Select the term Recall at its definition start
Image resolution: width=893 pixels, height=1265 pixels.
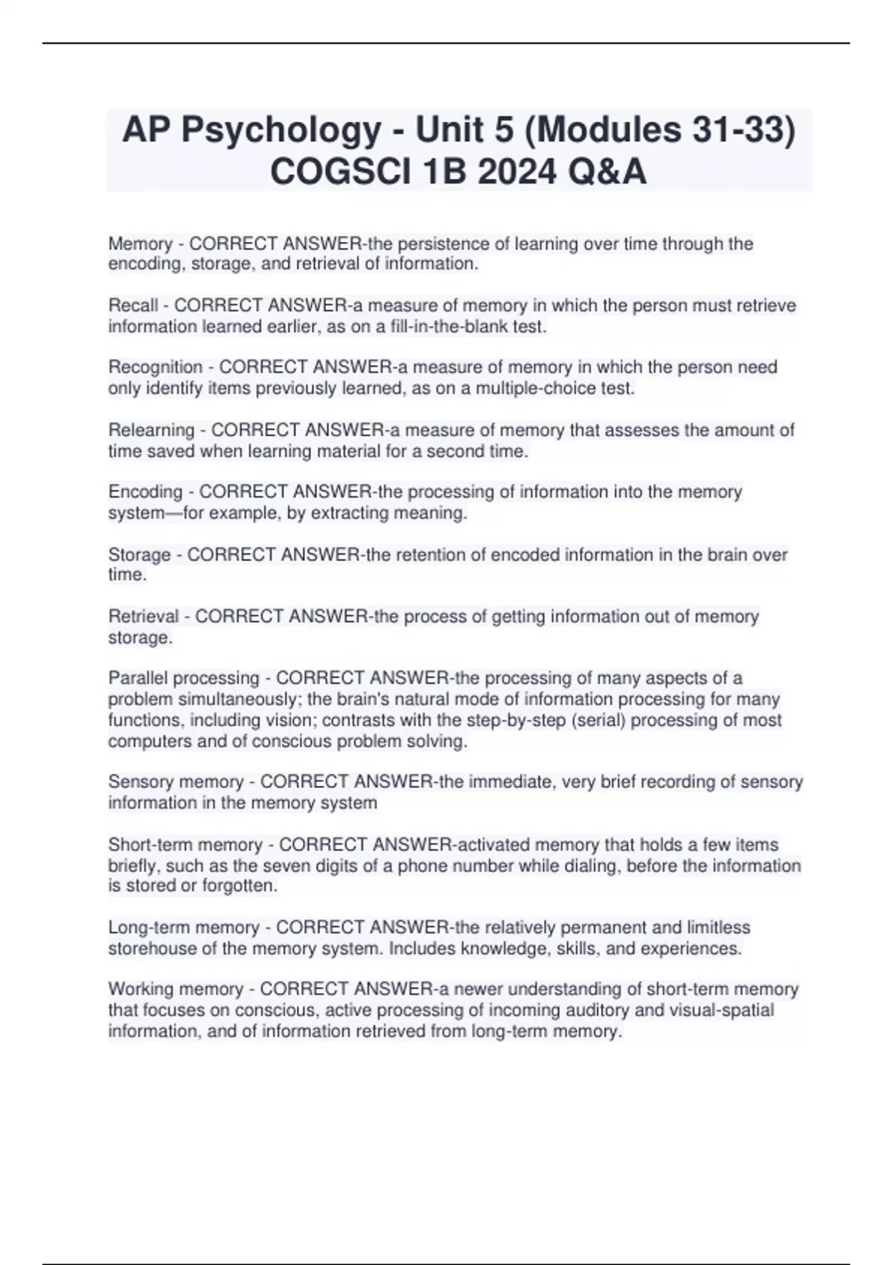[x=133, y=306]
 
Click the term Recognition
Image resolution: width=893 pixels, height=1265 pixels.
[x=156, y=368]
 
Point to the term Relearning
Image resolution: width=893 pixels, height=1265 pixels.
[x=151, y=430]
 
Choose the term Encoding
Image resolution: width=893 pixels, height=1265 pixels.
[x=145, y=492]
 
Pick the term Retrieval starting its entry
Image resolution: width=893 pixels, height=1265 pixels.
[x=144, y=616]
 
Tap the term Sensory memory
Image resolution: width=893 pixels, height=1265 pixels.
[x=176, y=782]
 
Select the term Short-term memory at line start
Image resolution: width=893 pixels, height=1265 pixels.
[x=185, y=845]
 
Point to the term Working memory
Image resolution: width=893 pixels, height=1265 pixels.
[x=176, y=989]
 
